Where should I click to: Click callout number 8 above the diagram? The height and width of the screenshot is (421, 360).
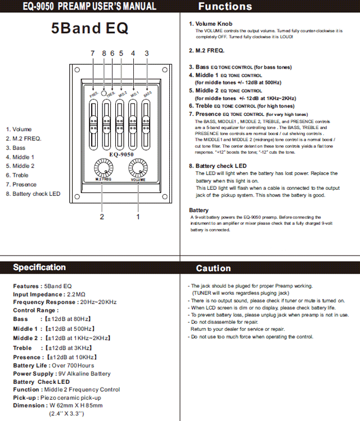tap(104, 53)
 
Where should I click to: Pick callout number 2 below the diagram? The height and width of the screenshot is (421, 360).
tap(102, 216)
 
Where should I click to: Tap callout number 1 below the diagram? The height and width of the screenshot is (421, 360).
tap(138, 216)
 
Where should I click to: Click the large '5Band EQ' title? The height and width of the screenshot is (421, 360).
tap(90, 28)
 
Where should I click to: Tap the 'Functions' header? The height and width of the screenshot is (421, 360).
tap(225, 7)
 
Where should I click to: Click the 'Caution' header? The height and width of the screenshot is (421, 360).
tap(213, 268)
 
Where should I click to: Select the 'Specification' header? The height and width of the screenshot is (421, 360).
tap(39, 267)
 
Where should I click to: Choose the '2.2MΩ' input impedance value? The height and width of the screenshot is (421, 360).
tap(76, 294)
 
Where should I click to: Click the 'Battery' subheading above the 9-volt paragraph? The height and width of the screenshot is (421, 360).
tap(199, 210)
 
